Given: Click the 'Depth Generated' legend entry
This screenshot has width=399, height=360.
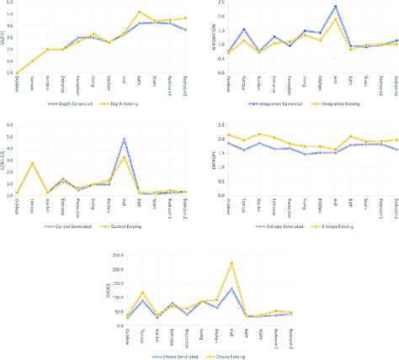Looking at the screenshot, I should pos(72,104).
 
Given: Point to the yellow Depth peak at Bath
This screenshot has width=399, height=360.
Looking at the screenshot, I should pos(140,13).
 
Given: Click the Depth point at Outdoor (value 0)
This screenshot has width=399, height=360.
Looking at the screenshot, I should pos(19,73).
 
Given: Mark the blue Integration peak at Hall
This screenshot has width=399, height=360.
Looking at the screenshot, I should pos(335,7).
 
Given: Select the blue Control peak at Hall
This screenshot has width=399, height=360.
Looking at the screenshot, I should pos(125,139).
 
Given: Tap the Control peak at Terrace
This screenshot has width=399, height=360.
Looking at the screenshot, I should pos(34,163).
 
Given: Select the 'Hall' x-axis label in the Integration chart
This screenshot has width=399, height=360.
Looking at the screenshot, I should pos(335,83).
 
